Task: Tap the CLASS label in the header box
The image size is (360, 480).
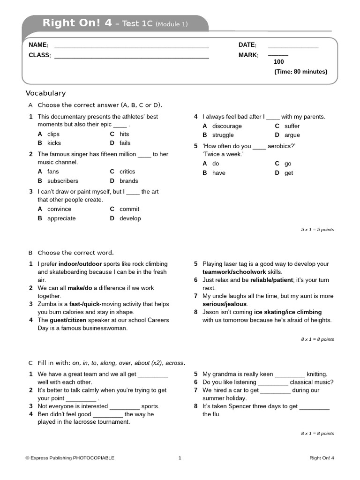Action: click(40, 55)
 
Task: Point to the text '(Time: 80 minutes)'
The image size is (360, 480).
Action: click(300, 72)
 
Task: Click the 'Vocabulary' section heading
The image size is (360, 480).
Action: click(45, 93)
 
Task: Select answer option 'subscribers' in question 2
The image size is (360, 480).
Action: click(63, 181)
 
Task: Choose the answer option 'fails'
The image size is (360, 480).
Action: click(125, 143)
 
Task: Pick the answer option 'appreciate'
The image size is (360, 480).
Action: click(61, 218)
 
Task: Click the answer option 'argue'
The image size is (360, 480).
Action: click(292, 135)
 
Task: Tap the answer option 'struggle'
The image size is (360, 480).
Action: click(223, 135)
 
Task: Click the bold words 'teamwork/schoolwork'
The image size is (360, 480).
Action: click(234, 272)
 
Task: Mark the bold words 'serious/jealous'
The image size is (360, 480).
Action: click(225, 304)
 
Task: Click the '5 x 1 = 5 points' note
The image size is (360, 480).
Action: click(317, 230)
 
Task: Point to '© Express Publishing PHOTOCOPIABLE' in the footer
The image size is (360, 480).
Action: click(70, 458)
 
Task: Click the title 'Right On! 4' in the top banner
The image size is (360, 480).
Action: click(77, 23)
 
